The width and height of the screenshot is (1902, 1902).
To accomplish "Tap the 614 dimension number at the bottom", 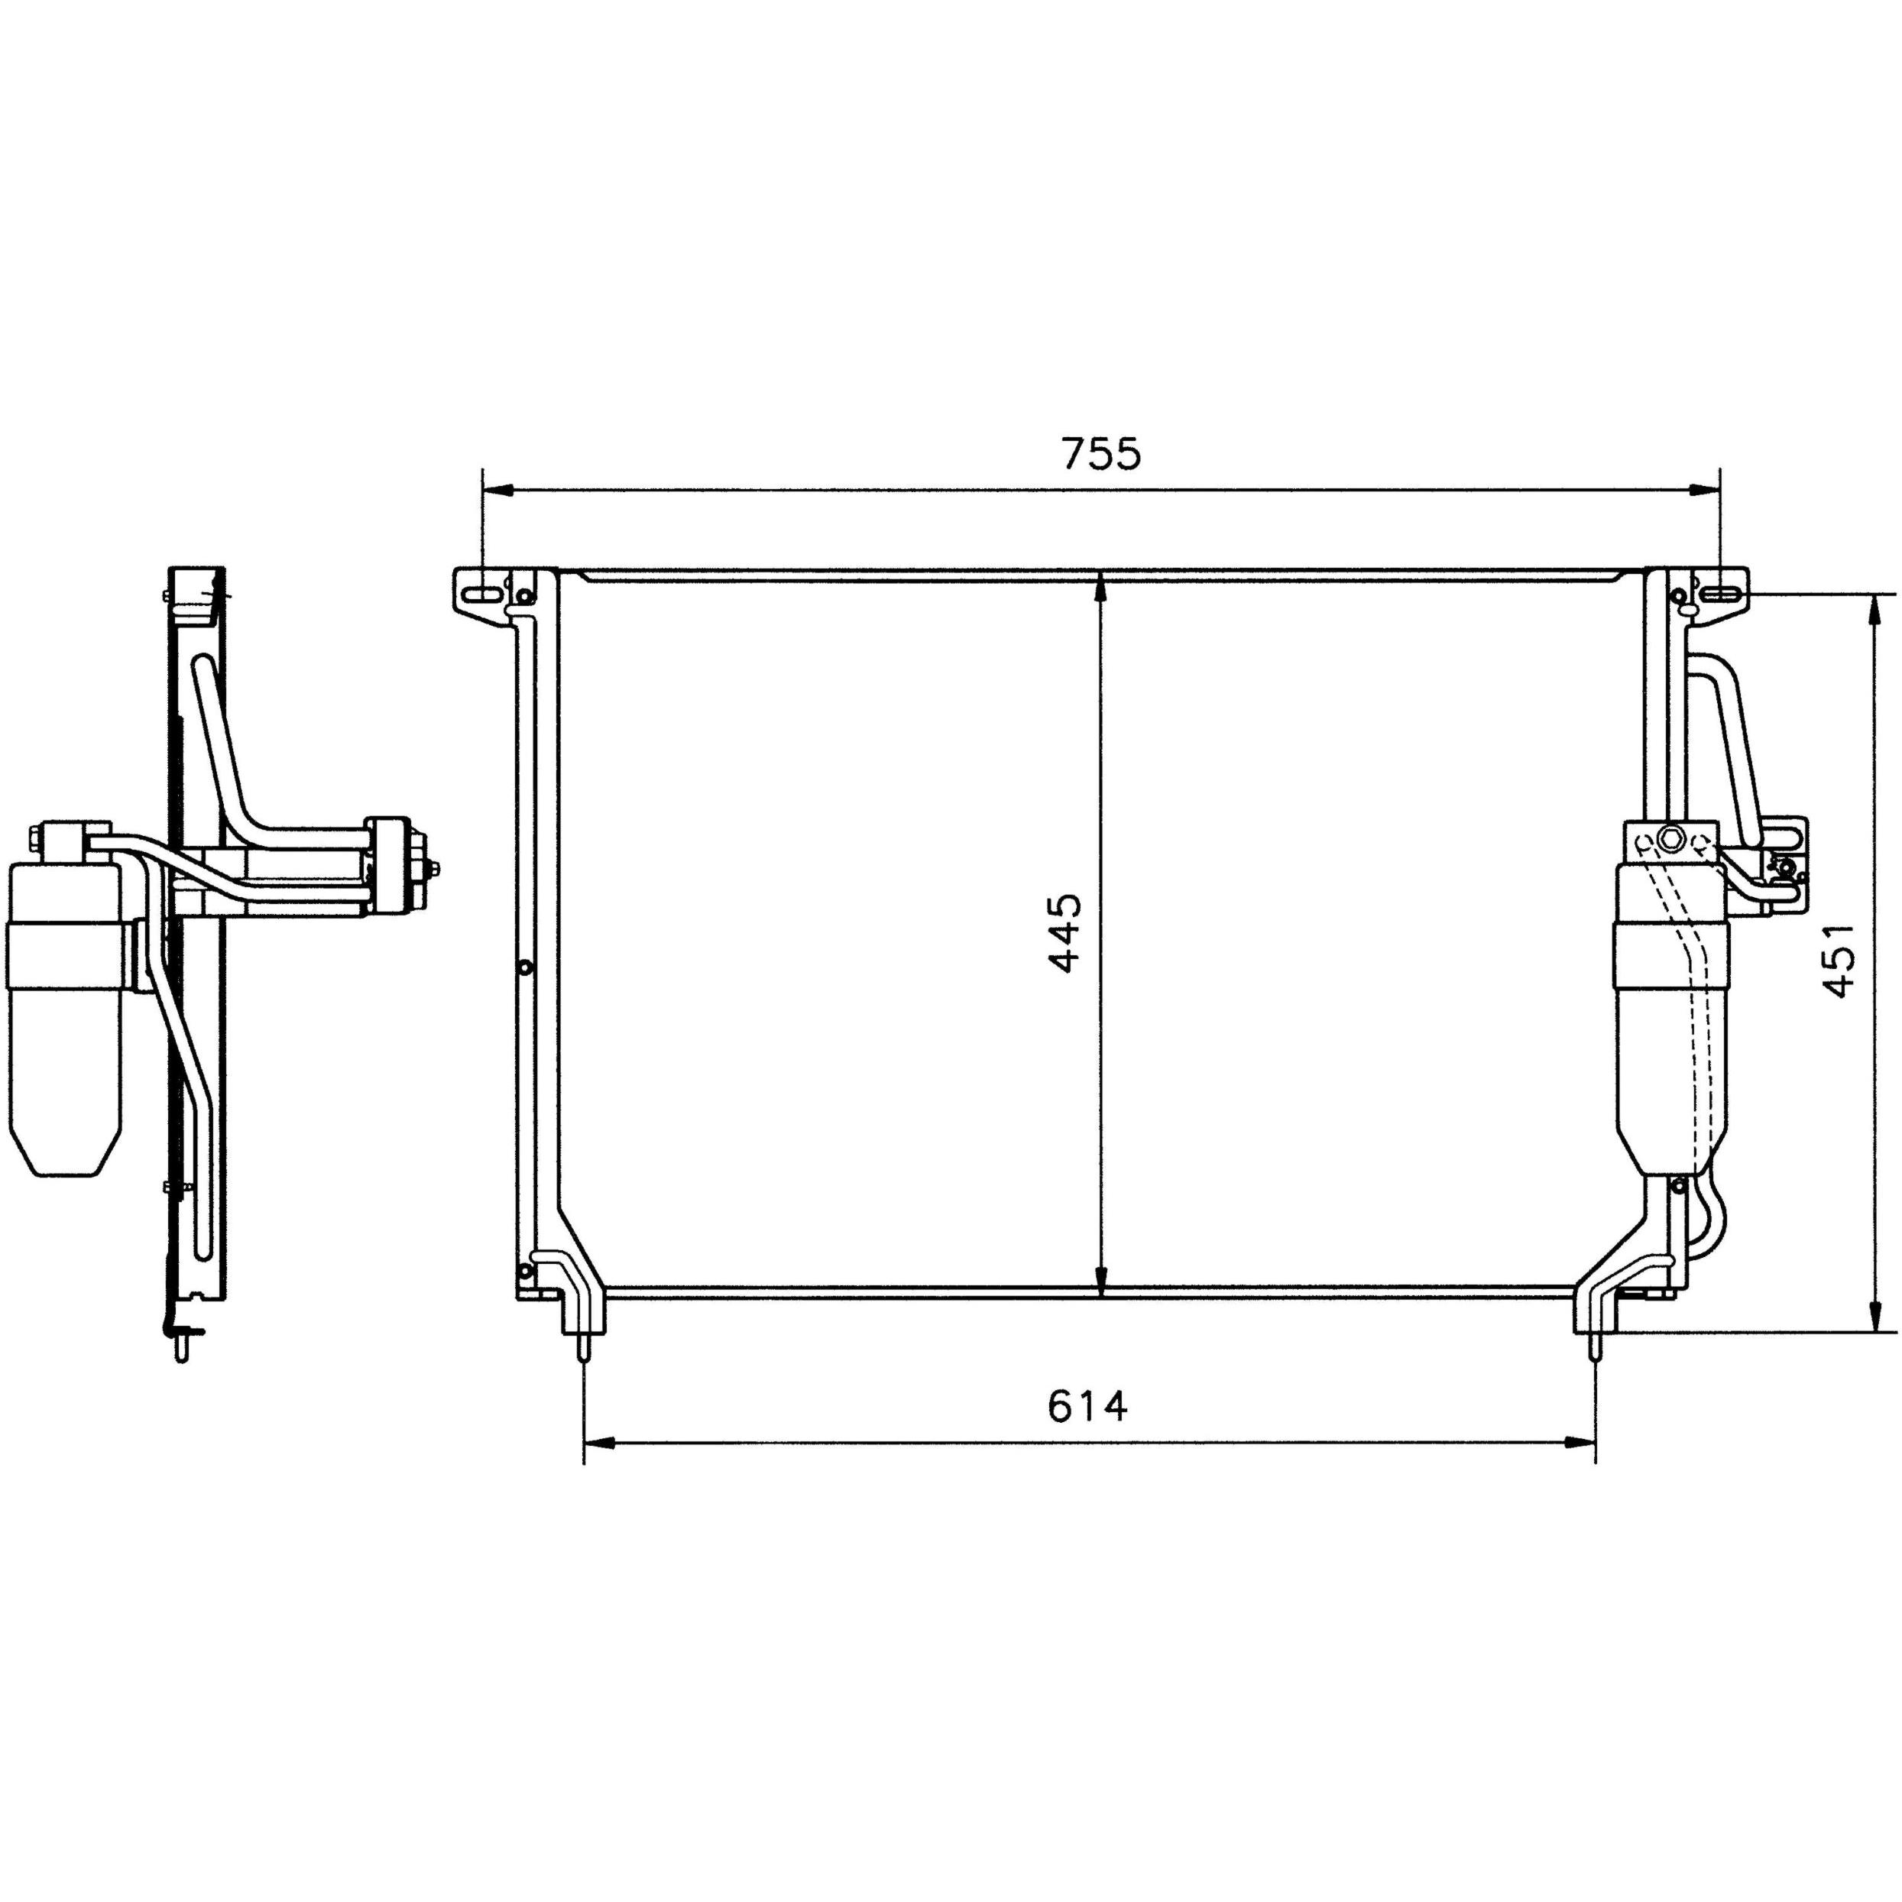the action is click(1087, 1407).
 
